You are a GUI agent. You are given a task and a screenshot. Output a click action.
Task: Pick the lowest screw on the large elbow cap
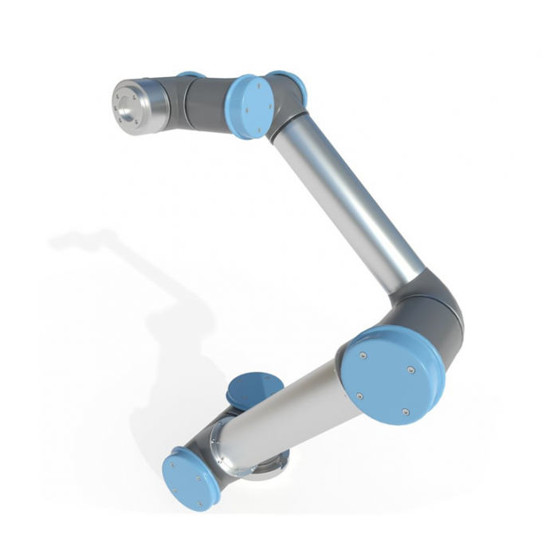pos(404,411)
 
